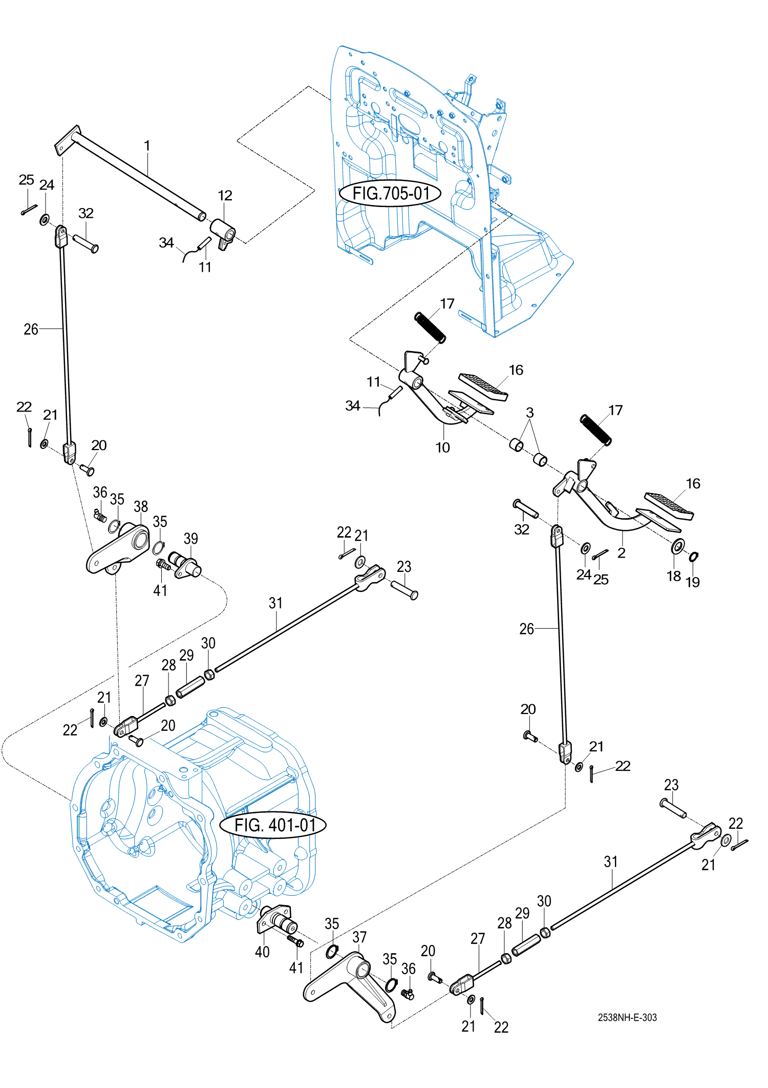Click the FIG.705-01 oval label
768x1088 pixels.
pyautogui.click(x=390, y=194)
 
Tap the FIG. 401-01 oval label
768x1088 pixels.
pyautogui.click(x=273, y=825)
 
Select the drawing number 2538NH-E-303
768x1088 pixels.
pyautogui.click(x=627, y=1017)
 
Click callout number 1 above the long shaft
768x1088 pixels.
pyautogui.click(x=147, y=146)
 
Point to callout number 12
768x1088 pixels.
pyautogui.click(x=225, y=195)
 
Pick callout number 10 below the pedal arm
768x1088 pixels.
pyautogui.click(x=442, y=447)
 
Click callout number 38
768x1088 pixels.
pyautogui.click(x=141, y=506)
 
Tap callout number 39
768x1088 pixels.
pyautogui.click(x=190, y=539)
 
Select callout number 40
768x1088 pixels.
pyautogui.click(x=262, y=952)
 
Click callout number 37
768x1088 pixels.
pyautogui.click(x=359, y=937)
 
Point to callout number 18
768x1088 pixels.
pyautogui.click(x=674, y=576)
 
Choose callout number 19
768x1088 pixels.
pyautogui.click(x=693, y=582)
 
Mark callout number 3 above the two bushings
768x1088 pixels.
pyautogui.click(x=530, y=413)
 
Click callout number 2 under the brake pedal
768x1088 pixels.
pyautogui.click(x=622, y=553)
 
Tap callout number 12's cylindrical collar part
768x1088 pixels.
pyautogui.click(x=223, y=230)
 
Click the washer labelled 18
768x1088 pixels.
pyautogui.click(x=678, y=547)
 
